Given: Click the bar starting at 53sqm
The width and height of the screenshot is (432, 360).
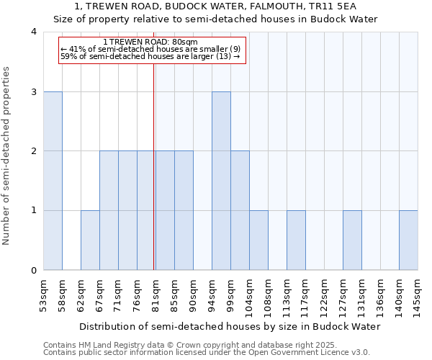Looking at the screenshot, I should [x=53, y=181].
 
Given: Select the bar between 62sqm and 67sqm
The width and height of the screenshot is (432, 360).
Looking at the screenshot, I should [x=90, y=240].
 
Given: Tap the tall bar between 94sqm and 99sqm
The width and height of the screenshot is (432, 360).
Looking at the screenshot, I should [x=221, y=181].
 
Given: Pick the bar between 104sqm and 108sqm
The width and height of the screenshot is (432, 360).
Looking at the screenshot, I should [x=258, y=240].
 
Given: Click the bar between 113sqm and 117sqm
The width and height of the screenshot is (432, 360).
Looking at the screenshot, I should [x=296, y=240].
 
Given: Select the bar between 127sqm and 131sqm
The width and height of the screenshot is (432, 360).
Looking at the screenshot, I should [x=352, y=240].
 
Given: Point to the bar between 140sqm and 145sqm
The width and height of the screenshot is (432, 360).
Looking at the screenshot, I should [x=408, y=240].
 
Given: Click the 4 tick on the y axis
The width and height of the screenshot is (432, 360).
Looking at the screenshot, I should [x=34, y=32].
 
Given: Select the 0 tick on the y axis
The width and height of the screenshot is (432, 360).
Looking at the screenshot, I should [x=34, y=270].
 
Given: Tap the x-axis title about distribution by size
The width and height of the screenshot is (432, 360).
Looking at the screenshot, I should [x=229, y=326].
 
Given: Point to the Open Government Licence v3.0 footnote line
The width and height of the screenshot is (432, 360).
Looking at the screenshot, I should [x=206, y=352].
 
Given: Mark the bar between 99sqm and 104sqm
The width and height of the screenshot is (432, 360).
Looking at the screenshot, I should [x=240, y=210].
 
